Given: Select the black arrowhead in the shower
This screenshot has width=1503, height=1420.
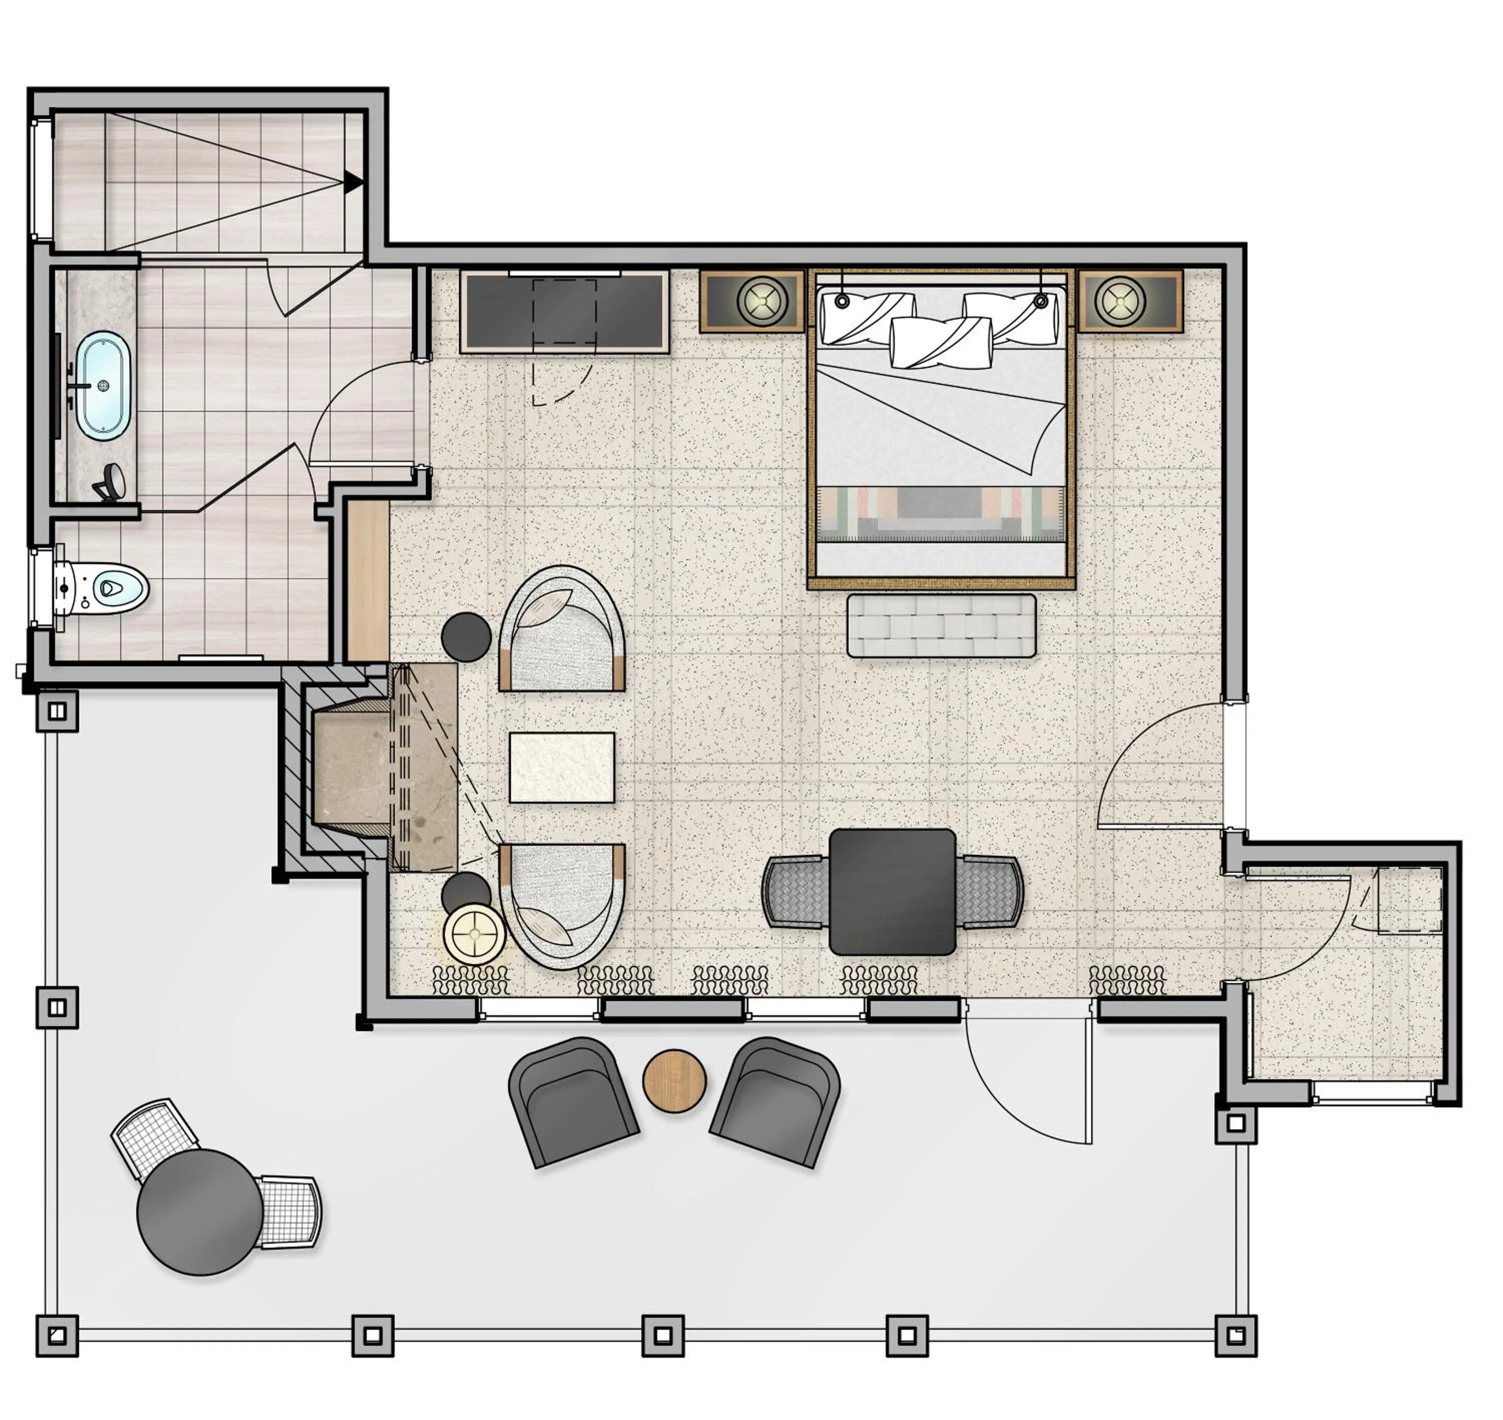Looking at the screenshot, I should coord(353,182).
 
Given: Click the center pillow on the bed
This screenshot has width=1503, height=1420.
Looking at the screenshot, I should coord(941,342).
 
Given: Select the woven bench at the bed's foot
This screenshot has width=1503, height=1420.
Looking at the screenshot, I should coord(941,625).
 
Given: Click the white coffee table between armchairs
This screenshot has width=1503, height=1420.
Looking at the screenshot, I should coord(562,767).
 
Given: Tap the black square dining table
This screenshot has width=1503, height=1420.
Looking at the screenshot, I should coord(892,892).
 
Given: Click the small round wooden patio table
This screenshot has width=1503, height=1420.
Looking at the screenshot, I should coord(674,1081).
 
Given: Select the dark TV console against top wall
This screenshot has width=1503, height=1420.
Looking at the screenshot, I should coord(565,312).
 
